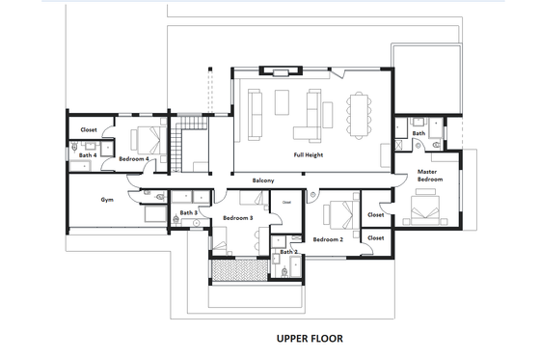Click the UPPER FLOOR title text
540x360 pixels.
click(x=309, y=339)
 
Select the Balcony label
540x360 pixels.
click(x=265, y=180)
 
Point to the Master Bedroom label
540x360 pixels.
click(x=429, y=177)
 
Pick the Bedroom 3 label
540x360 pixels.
click(x=237, y=218)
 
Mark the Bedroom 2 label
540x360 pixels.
click(x=328, y=238)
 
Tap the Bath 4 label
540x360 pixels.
click(x=87, y=154)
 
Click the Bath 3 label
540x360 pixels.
click(x=188, y=212)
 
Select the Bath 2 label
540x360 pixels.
click(x=287, y=252)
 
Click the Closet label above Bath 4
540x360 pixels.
click(x=89, y=129)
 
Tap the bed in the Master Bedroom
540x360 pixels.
click(x=424, y=206)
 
